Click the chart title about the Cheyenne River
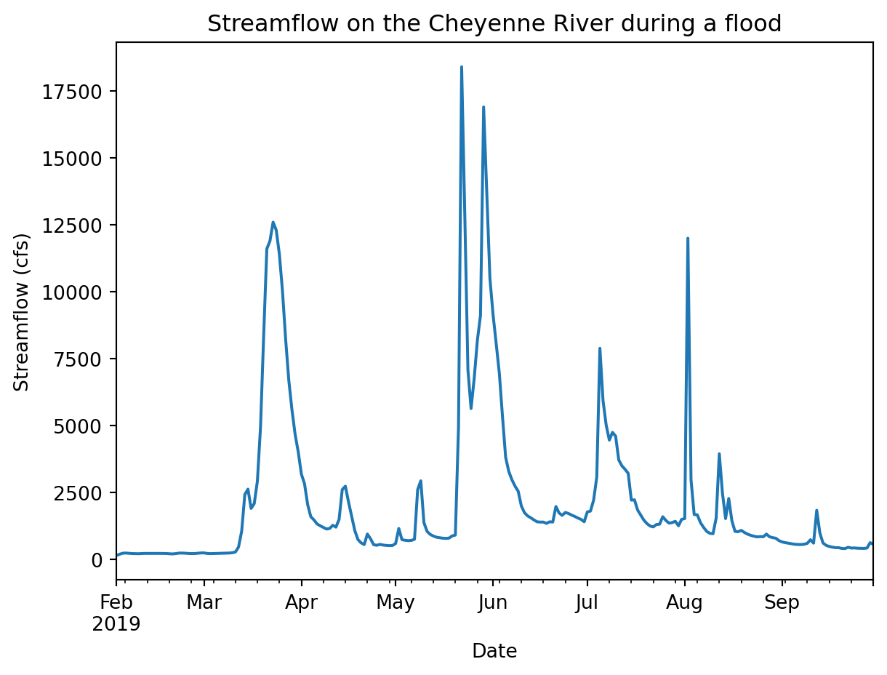coord(494,24)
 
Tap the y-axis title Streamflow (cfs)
coord(23,312)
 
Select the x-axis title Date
coord(494,651)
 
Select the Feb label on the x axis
coord(116,603)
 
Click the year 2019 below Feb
coord(116,623)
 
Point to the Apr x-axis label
coord(301,603)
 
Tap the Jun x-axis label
coord(493,603)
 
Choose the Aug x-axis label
coord(685,603)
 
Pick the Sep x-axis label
coord(782,603)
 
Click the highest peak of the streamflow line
coord(462,67)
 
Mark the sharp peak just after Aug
coord(688,238)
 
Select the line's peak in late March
coord(273,223)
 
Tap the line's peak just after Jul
coord(600,348)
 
